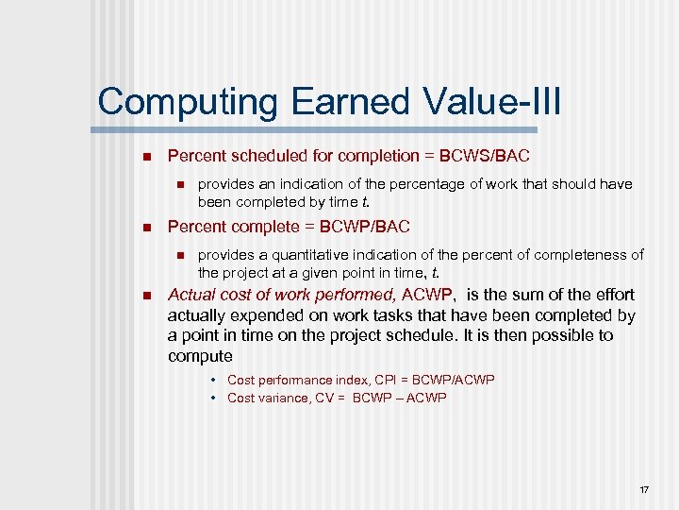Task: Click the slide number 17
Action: coord(644,489)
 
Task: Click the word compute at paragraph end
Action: coord(200,356)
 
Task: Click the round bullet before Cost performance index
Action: coord(215,380)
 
